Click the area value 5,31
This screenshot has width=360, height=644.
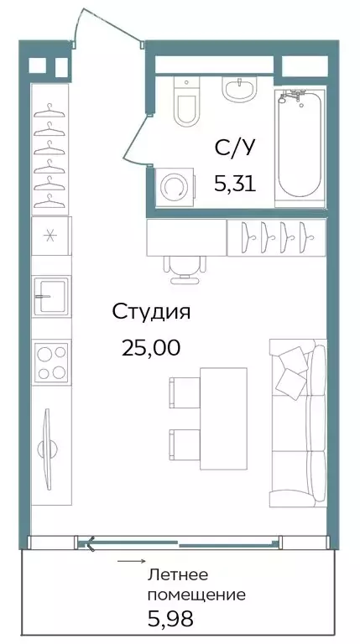pos(233,184)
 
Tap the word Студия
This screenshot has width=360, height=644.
pos(152,313)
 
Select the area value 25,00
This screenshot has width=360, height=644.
pos(151,347)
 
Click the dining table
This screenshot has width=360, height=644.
pos(224,416)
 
